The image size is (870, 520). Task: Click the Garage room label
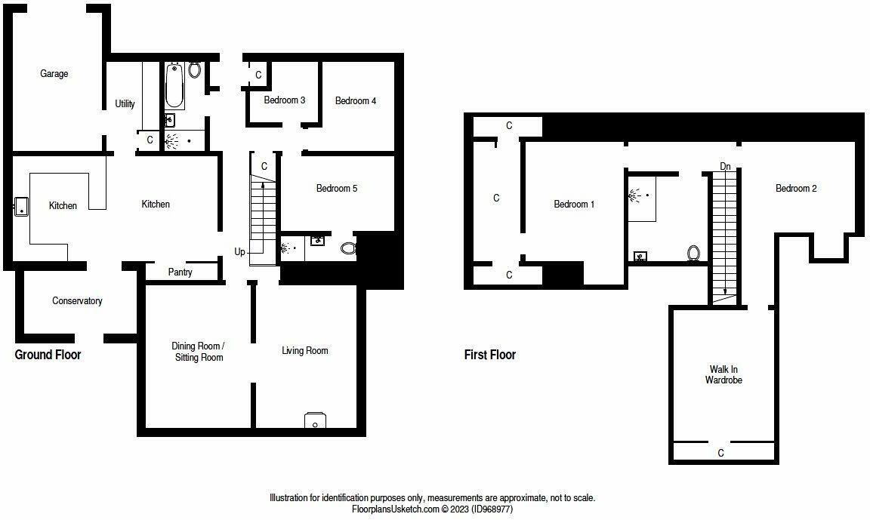tap(54, 74)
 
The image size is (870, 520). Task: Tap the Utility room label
tap(125, 103)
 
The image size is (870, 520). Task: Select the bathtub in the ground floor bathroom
tap(174, 85)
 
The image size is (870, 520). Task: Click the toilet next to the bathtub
tap(195, 70)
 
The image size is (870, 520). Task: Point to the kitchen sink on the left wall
tap(20, 206)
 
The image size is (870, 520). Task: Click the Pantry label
tap(180, 272)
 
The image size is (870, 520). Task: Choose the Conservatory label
tap(77, 301)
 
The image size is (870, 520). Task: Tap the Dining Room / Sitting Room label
tap(198, 352)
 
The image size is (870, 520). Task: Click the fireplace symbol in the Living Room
tap(315, 420)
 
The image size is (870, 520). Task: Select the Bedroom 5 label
tap(337, 189)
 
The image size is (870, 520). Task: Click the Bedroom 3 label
tap(285, 100)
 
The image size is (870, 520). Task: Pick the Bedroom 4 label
tap(356, 100)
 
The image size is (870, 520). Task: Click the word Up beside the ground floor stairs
tap(239, 252)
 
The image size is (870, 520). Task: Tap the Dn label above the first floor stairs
tap(725, 166)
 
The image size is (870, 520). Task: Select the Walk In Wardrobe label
tap(723, 375)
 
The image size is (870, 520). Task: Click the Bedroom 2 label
tap(796, 189)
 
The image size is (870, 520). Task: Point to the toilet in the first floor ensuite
tap(693, 254)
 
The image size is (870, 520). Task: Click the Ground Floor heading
tap(48, 355)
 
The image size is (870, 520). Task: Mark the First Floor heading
tap(490, 355)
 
